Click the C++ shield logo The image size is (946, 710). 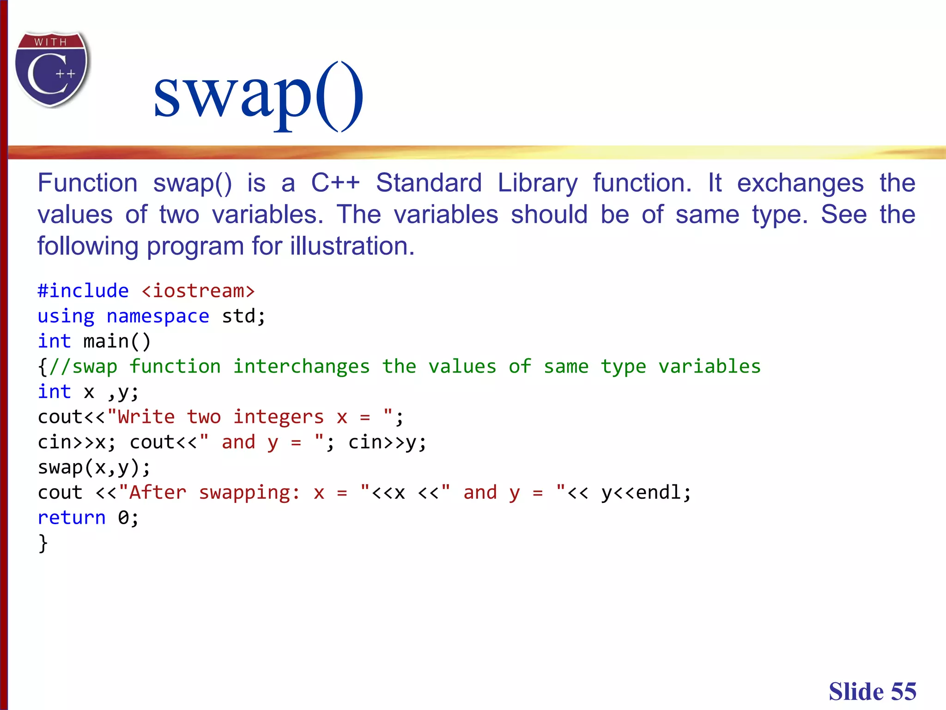click(x=52, y=69)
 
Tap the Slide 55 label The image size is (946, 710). click(x=872, y=692)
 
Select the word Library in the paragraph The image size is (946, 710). click(x=537, y=183)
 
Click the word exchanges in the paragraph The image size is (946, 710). click(x=800, y=183)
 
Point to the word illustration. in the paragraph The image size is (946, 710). click(x=352, y=246)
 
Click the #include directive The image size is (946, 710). click(x=83, y=291)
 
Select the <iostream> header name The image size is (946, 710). click(x=198, y=291)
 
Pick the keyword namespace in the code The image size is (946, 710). click(x=158, y=317)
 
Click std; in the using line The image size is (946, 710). click(x=243, y=317)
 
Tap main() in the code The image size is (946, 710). click(x=117, y=342)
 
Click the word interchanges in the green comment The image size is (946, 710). click(x=301, y=367)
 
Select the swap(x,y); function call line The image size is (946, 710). click(x=94, y=467)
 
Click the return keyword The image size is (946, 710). click(x=72, y=518)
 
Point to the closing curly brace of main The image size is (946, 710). click(x=43, y=543)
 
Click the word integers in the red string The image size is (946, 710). click(x=278, y=417)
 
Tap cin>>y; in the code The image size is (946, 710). click(x=387, y=442)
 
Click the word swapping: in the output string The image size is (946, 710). click(x=249, y=493)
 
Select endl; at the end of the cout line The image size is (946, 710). click(x=663, y=493)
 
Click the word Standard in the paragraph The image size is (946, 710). click(x=429, y=183)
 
